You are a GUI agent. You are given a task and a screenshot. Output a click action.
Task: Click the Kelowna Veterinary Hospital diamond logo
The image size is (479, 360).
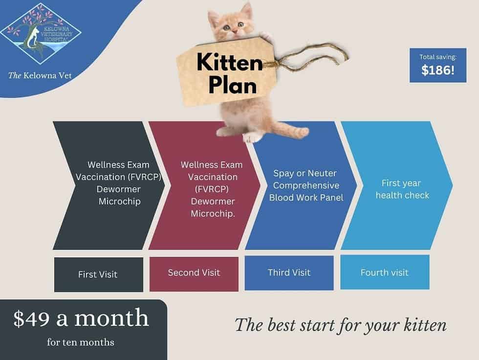(x=41, y=34)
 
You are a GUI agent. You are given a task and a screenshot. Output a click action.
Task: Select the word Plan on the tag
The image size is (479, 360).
(x=233, y=86)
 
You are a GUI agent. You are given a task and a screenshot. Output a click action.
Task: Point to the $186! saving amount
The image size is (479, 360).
(x=437, y=70)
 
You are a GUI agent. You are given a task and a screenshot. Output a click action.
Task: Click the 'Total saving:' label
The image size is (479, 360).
(x=437, y=57)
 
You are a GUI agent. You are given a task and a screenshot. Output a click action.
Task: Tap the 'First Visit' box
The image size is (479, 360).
(x=98, y=274)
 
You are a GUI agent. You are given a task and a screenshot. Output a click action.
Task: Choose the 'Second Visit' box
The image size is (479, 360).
(x=194, y=272)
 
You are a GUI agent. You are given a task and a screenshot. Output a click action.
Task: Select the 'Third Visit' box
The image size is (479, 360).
(x=289, y=272)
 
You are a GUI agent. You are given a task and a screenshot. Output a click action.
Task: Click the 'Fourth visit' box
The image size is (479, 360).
(x=384, y=272)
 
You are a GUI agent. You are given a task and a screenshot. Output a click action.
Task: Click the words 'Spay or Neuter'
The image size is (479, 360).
(x=305, y=174)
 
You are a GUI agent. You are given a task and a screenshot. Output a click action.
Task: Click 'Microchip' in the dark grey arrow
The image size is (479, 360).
(x=119, y=201)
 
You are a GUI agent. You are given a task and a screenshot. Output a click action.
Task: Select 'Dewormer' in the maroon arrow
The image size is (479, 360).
(x=213, y=201)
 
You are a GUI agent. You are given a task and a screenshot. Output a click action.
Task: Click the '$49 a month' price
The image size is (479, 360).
(x=81, y=318)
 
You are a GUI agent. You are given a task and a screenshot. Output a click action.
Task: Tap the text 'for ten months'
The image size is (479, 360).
(x=81, y=342)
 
